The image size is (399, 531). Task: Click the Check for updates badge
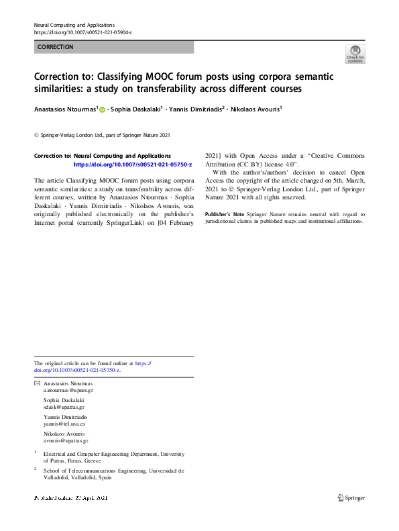click(355, 54)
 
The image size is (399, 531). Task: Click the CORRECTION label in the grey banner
click(56, 47)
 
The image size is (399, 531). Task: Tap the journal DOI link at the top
click(82, 32)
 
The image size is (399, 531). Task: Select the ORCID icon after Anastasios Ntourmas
click(102, 108)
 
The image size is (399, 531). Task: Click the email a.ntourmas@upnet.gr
click(68, 389)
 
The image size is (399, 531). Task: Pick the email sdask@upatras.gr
click(64, 407)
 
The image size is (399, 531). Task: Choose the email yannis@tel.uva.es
click(64, 424)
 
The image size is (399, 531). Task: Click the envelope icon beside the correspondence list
click(37, 383)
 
